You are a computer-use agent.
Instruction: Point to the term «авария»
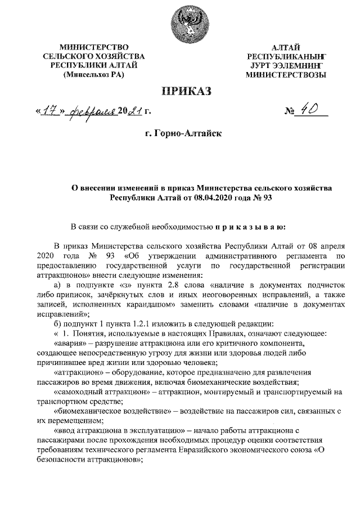click(70, 343)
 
